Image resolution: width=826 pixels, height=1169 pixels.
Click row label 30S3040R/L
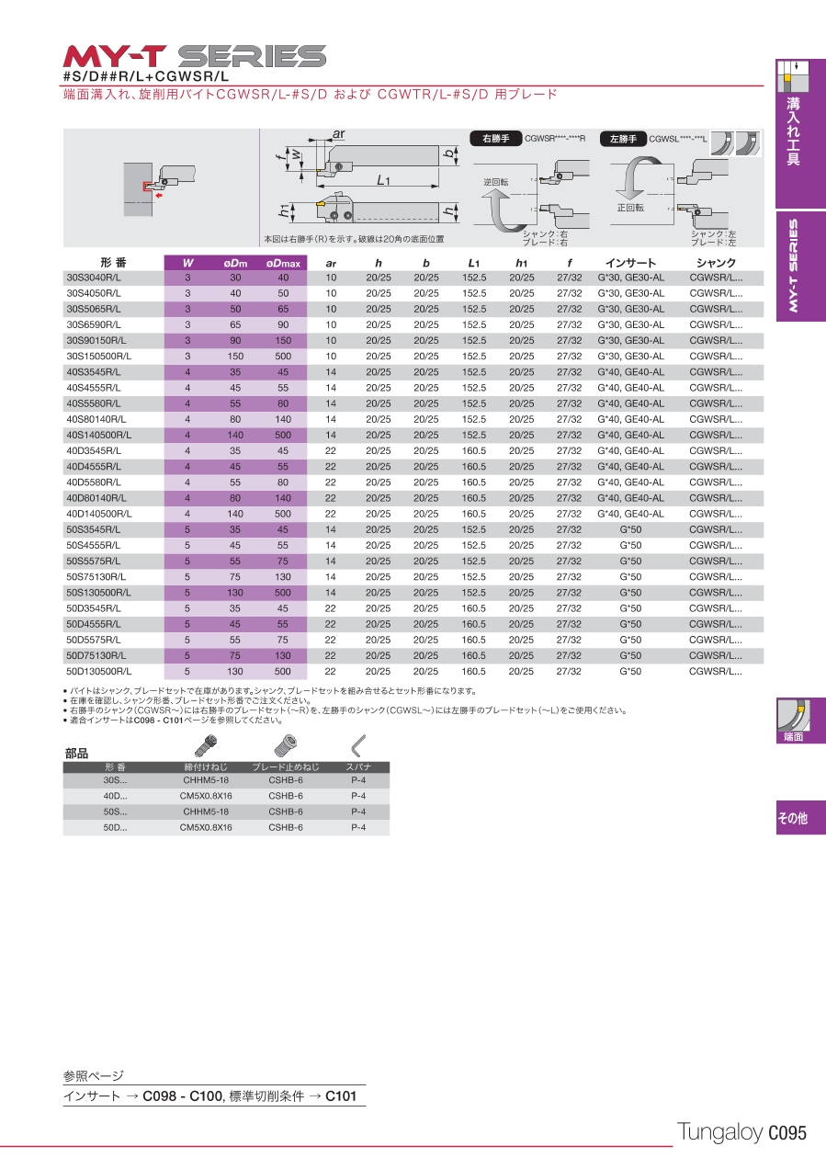[x=94, y=278]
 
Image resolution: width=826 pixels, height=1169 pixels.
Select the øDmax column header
[x=283, y=264]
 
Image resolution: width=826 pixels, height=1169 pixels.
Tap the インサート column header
[x=630, y=264]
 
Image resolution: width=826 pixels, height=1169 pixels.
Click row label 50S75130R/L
[x=96, y=577]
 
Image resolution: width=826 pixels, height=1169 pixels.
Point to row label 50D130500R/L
[x=98, y=672]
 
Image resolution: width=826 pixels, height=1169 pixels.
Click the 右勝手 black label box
[x=496, y=139]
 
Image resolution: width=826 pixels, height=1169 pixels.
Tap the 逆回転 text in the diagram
[x=496, y=182]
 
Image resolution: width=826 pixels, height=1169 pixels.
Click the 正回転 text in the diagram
[x=630, y=208]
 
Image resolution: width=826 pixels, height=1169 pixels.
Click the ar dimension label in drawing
[x=338, y=134]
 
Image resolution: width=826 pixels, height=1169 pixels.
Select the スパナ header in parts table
[x=357, y=766]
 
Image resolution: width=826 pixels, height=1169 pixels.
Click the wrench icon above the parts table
[x=357, y=744]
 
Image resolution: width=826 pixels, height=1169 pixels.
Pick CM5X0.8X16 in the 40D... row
[x=206, y=796]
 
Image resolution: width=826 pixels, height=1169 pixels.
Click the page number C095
[x=786, y=1133]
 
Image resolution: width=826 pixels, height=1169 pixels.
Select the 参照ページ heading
[x=93, y=1075]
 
